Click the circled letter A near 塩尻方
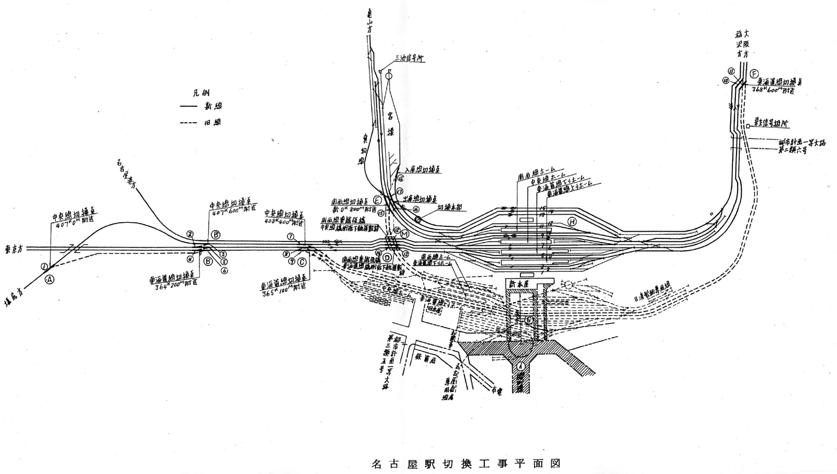[x=50, y=279]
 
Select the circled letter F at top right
[x=754, y=73]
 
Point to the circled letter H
[x=572, y=222]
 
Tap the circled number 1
[x=44, y=267]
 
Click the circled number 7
[x=290, y=237]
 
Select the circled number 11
[x=731, y=72]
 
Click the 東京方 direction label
[x=14, y=249]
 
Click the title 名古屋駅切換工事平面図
[x=465, y=464]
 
